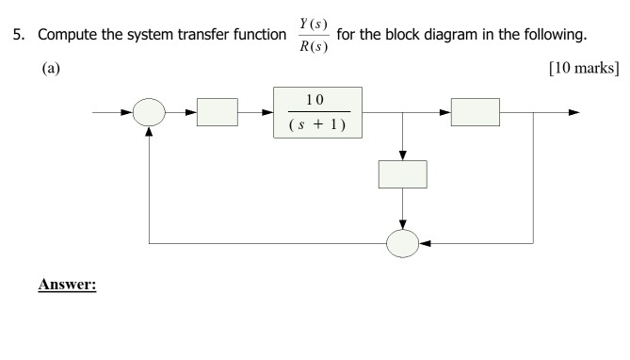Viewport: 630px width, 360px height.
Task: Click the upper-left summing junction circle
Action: tap(150, 113)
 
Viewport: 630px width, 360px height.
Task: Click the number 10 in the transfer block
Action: tap(317, 101)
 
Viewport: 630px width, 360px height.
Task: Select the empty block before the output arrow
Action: tap(476, 113)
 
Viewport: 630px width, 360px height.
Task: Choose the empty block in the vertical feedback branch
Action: tap(402, 174)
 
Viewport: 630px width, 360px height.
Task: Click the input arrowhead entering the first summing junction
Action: tap(128, 113)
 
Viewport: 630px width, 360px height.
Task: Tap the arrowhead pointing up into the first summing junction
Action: tap(150, 134)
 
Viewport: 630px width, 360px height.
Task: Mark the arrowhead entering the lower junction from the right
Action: tap(425, 243)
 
